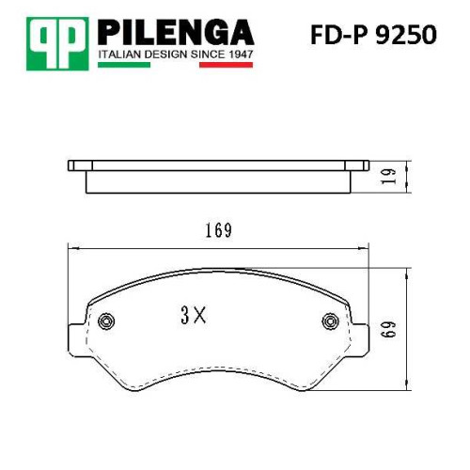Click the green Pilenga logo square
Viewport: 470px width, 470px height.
57,43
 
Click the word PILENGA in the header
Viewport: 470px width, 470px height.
176,32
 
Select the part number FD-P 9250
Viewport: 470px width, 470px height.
373,35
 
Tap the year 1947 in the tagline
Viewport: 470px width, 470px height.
241,55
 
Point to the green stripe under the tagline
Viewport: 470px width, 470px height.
124,65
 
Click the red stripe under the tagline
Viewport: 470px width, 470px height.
226,65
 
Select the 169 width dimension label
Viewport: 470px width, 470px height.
218,230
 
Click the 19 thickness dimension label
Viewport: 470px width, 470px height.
389,176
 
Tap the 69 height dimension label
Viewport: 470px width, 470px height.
389,329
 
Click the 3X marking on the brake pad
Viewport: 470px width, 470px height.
194,315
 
